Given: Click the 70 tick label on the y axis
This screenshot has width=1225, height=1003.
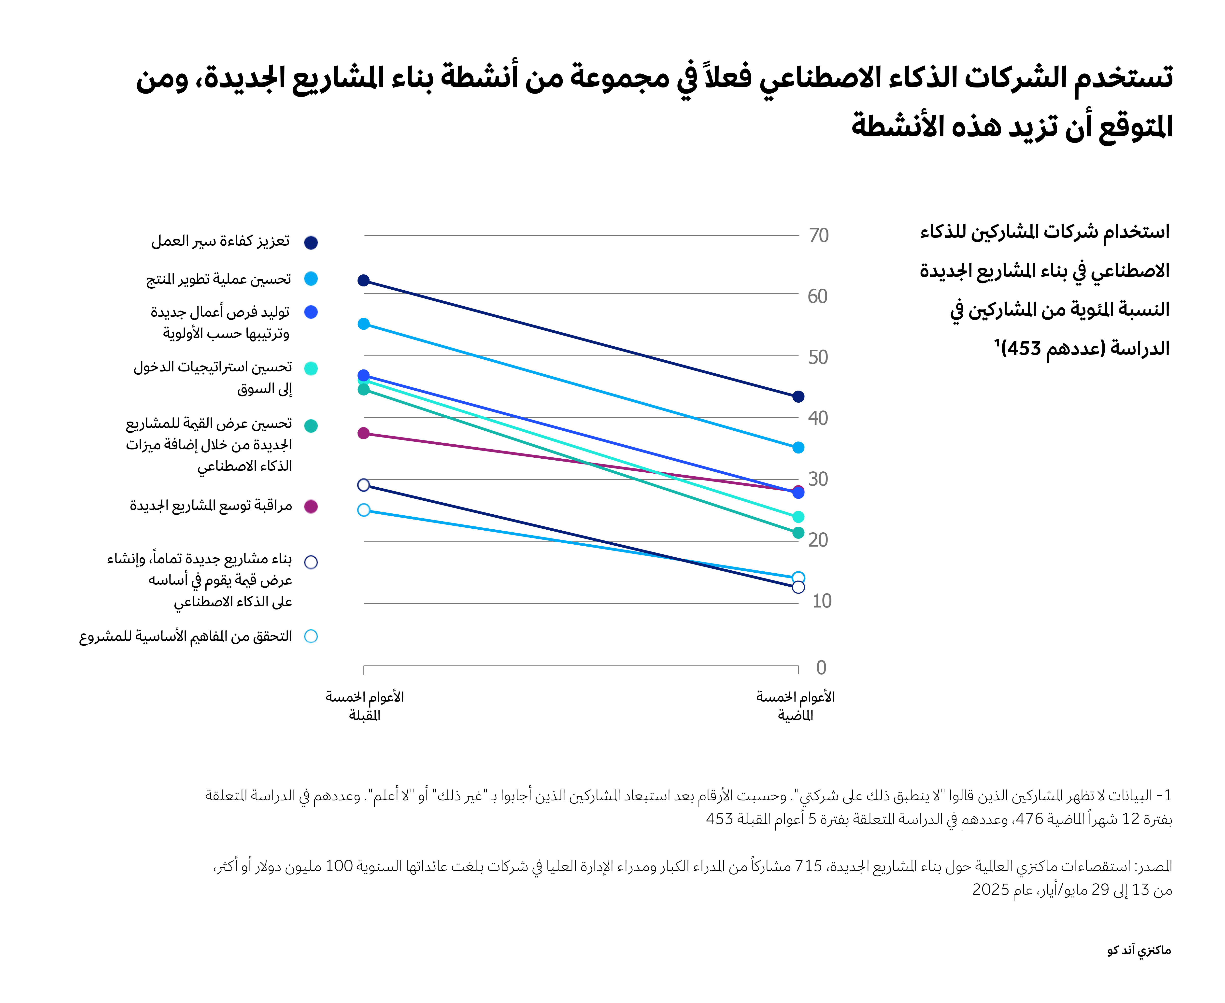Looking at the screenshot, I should click(818, 236).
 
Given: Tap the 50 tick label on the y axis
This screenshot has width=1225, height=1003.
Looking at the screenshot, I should click(818, 358).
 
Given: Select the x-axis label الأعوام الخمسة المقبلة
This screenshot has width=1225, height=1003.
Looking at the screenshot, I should click(365, 706).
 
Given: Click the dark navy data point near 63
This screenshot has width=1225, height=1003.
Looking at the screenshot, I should click(363, 281).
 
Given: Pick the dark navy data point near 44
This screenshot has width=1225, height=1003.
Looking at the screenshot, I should click(798, 397).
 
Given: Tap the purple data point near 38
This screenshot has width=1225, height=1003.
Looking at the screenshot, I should click(363, 433).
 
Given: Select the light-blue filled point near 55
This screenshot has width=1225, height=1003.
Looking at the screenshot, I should click(363, 324).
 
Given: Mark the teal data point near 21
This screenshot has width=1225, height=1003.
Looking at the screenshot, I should click(798, 533).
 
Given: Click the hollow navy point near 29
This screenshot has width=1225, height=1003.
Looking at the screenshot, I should click(363, 485).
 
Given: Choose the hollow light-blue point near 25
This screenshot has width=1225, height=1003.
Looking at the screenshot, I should click(363, 510).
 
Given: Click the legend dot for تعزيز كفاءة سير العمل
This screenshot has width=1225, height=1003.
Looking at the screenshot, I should click(311, 243).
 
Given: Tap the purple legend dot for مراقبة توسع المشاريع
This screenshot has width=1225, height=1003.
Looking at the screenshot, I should click(311, 507).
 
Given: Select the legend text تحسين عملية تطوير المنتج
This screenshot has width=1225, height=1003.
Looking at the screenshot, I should click(218, 280).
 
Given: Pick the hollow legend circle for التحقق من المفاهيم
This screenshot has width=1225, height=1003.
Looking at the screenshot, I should click(311, 637).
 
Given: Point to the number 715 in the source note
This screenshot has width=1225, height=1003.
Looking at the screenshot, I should click(808, 866).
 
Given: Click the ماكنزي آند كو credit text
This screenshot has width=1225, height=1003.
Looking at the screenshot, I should click(1138, 950).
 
